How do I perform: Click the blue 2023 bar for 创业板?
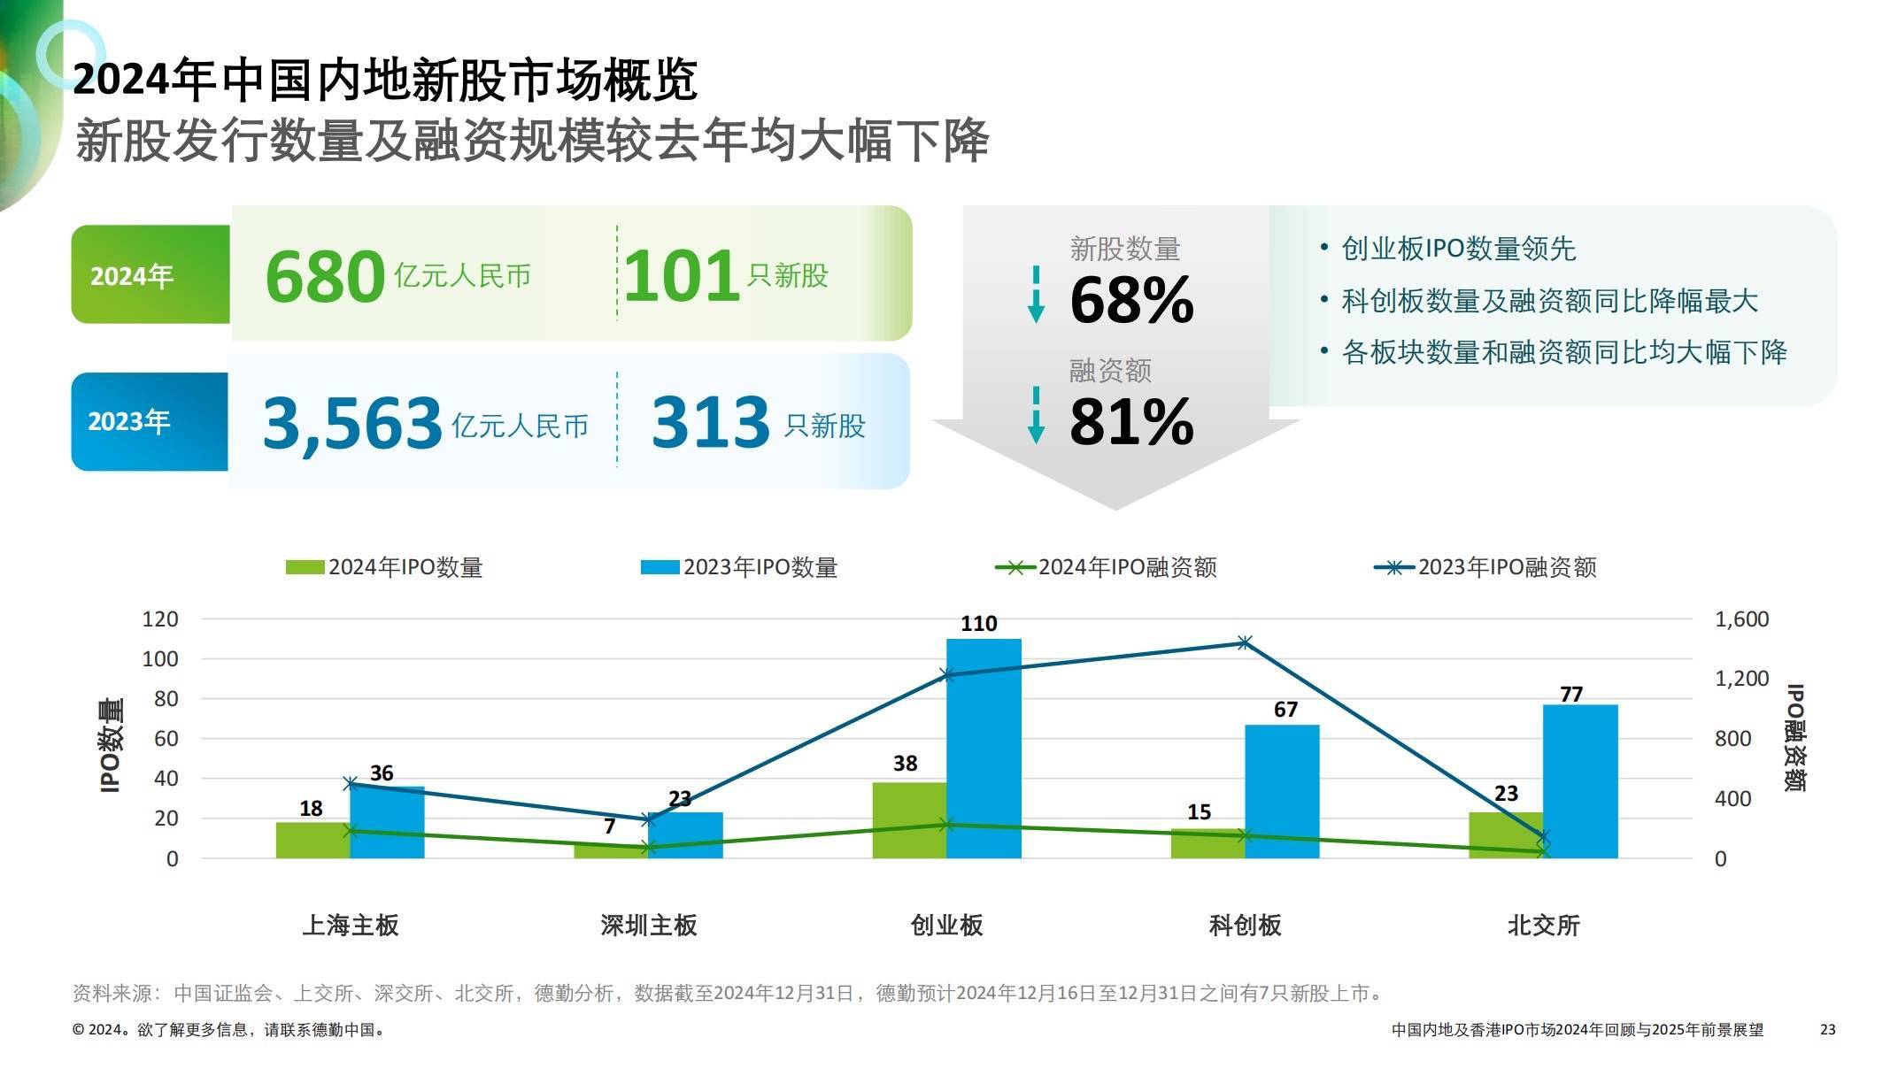pyautogui.click(x=984, y=748)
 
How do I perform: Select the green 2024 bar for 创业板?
pyautogui.click(x=909, y=820)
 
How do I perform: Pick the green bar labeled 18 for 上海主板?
pyautogui.click(x=312, y=840)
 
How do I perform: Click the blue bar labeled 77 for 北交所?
pyautogui.click(x=1580, y=780)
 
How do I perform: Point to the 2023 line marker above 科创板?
pyautogui.click(x=1245, y=642)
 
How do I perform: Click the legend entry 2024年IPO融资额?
pyautogui.click(x=1107, y=567)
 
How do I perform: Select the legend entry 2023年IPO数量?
pyautogui.click(x=739, y=567)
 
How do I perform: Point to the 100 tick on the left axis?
pyautogui.click(x=160, y=658)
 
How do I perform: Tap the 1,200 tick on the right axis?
pyautogui.click(x=1741, y=679)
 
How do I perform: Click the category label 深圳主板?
pyautogui.click(x=649, y=926)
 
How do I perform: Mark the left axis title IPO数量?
pyautogui.click(x=111, y=746)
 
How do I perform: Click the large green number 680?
pyautogui.click(x=325, y=276)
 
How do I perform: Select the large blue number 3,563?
pyautogui.click(x=352, y=422)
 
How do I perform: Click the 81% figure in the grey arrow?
pyautogui.click(x=1131, y=421)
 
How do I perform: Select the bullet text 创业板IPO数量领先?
pyautogui.click(x=1458, y=249)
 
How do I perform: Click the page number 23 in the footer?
pyautogui.click(x=1827, y=1030)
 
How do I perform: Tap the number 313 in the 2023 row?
pyautogui.click(x=710, y=422)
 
